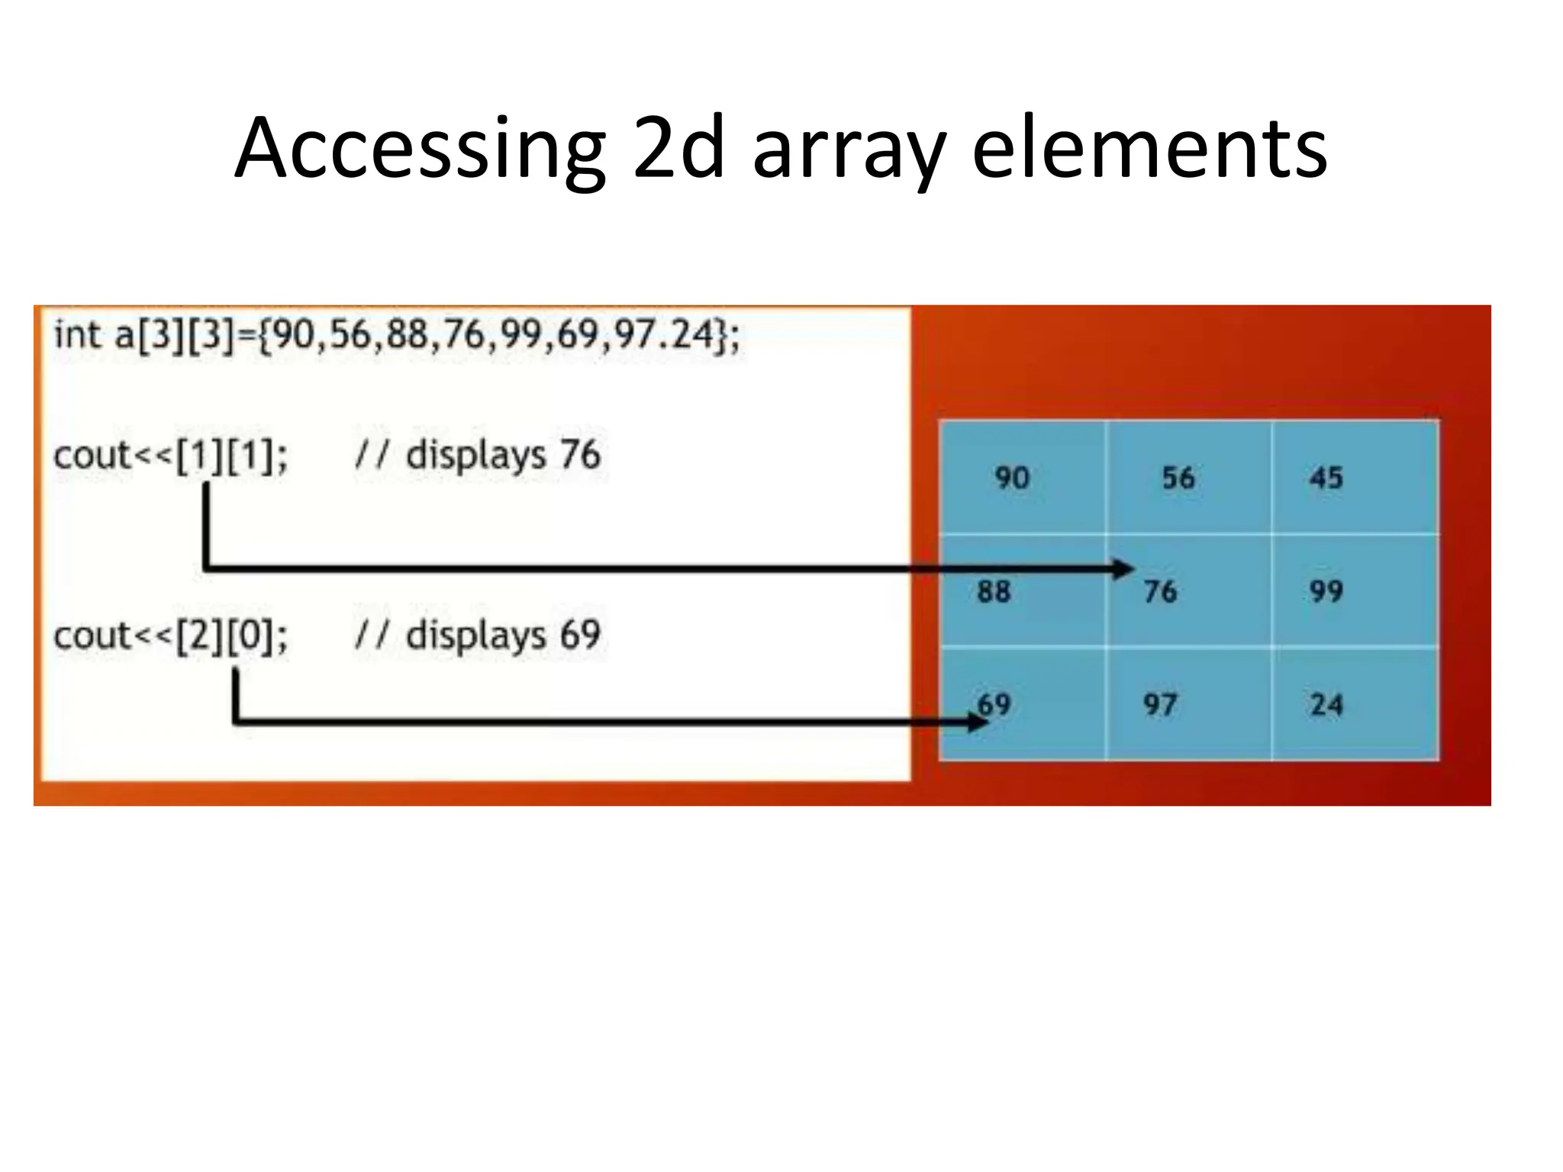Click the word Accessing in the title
[420, 149]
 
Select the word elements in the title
[1149, 149]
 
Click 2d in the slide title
[678, 149]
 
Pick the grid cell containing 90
[1022, 478]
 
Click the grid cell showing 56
[1188, 478]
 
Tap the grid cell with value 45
[1355, 478]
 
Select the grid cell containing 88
[1022, 591]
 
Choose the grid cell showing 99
[1355, 591]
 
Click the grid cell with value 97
[1188, 704]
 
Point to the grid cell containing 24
[1355, 704]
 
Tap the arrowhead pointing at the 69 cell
[978, 721]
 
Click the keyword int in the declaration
[77, 335]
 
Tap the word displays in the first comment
[475, 456]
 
